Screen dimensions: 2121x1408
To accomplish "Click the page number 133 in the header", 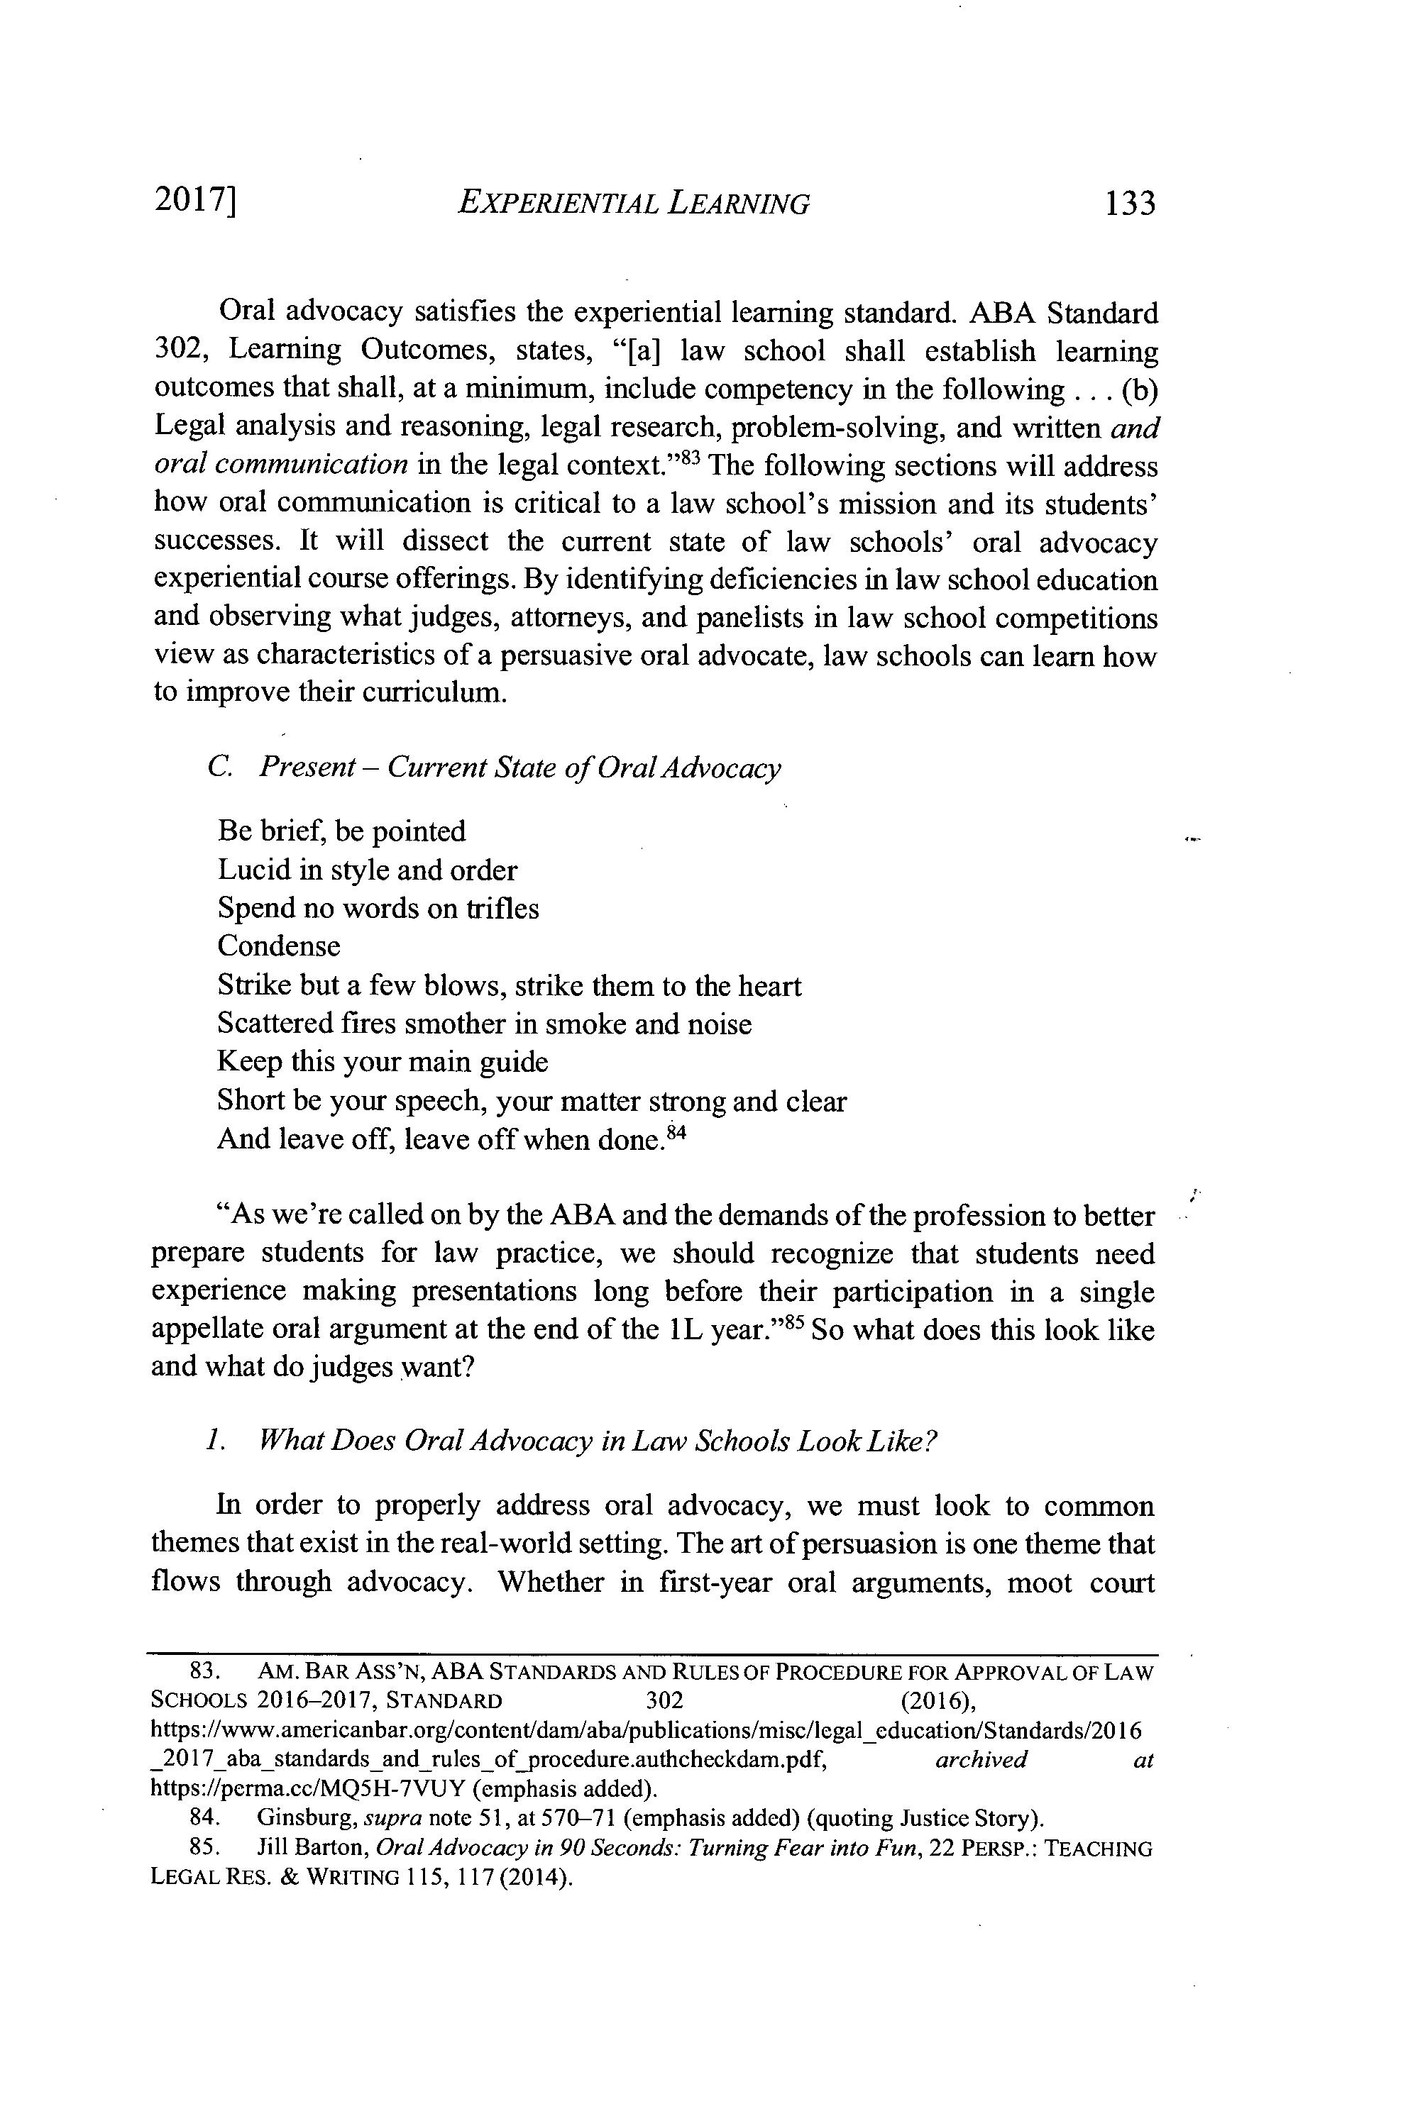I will pos(1130,204).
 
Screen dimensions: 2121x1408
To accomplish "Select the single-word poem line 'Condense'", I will pos(280,946).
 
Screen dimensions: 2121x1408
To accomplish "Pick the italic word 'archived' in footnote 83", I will pos(981,1759).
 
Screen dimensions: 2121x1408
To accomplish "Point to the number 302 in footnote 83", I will pos(664,1700).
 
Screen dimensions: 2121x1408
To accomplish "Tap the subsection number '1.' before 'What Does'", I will pos(213,1441).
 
